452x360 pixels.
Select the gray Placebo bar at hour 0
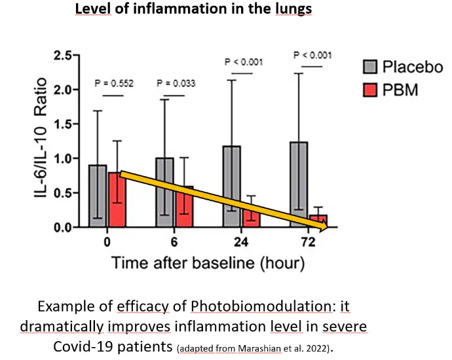tap(98, 196)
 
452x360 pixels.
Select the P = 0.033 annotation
tap(176, 83)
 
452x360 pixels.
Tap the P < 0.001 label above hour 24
tap(242, 63)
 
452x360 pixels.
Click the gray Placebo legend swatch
tap(371, 66)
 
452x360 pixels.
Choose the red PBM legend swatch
tap(371, 89)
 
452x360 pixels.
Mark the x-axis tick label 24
tap(240, 242)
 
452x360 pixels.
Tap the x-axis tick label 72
tap(308, 242)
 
